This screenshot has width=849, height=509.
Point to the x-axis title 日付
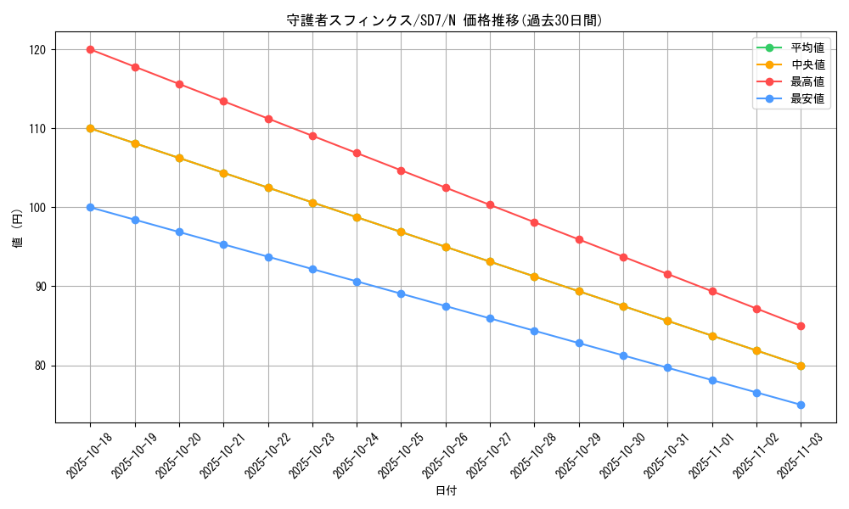446,491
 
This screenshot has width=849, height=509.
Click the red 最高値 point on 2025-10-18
90,49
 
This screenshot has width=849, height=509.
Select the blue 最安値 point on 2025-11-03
801,405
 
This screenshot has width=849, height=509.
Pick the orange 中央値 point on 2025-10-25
401,232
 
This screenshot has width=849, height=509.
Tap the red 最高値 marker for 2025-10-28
534,222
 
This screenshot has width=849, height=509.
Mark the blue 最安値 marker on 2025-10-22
268,257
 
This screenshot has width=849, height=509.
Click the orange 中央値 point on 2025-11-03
801,366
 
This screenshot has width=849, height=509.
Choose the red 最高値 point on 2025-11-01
712,292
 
